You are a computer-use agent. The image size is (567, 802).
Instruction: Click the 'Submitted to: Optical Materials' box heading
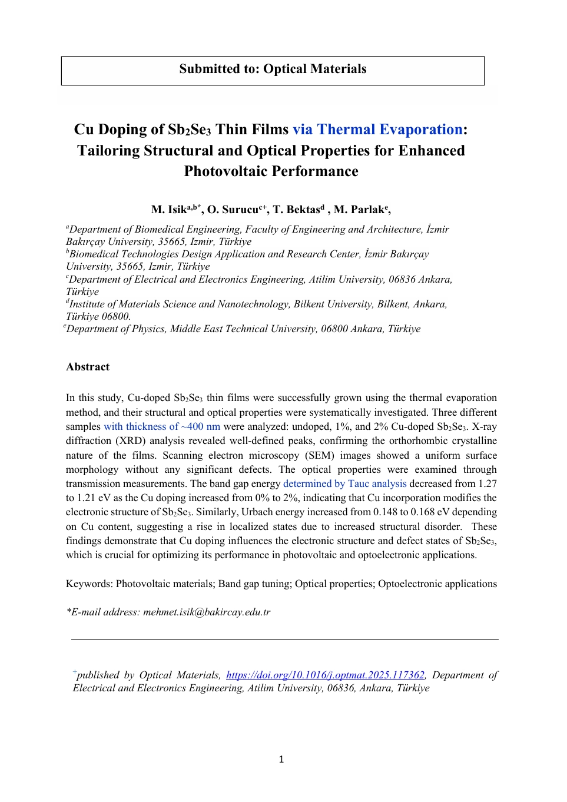[273, 69]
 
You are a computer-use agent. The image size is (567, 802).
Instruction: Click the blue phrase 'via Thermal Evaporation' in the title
[377, 130]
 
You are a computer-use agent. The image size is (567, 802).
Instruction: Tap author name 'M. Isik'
[169, 210]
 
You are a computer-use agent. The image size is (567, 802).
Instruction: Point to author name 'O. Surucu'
[233, 210]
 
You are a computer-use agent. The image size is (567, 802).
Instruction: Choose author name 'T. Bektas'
[296, 210]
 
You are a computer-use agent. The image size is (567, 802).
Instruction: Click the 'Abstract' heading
[88, 367]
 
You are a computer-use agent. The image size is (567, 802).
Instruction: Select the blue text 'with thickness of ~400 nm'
[162, 426]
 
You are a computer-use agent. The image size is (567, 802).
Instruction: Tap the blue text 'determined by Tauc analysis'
[344, 483]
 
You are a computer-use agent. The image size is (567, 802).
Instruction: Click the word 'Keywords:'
[89, 584]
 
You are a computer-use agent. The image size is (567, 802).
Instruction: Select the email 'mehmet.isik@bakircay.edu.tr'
[207, 612]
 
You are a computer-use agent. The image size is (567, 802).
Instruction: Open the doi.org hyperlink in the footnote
[325, 675]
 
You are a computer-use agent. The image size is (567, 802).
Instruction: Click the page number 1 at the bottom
[281, 760]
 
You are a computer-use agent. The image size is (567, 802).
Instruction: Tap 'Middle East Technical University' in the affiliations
[243, 329]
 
